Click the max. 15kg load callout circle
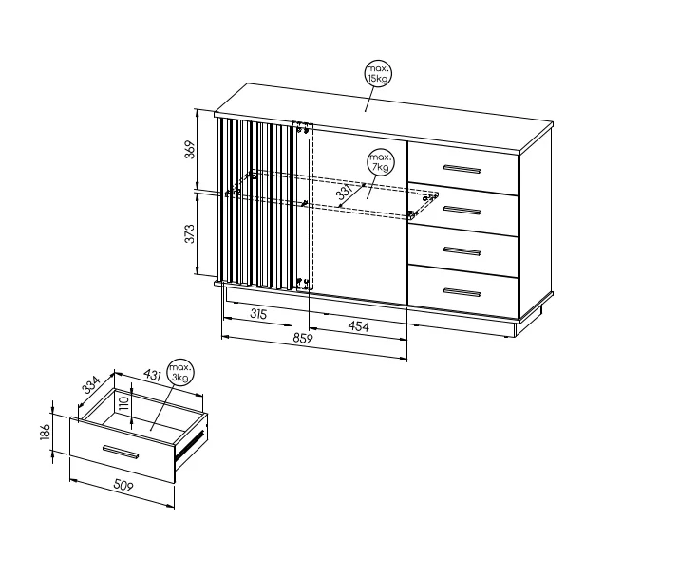coord(378,74)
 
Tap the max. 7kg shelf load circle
coord(381,162)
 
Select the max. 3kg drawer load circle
coord(180,373)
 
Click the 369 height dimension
coord(191,150)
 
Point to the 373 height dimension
coord(191,234)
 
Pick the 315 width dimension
coord(258,314)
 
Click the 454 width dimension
coord(359,325)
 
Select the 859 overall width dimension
coord(303,338)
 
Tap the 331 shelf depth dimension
coord(346,192)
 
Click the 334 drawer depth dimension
coord(91,385)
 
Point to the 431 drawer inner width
coord(153,375)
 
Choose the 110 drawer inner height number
coord(123,403)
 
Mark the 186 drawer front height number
coord(46,432)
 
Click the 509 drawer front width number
coord(123,486)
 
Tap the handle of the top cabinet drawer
coord(462,169)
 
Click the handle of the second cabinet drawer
coord(462,211)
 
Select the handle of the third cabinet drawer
coord(462,251)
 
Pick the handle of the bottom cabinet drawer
coord(462,292)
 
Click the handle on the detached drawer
coord(121,452)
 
